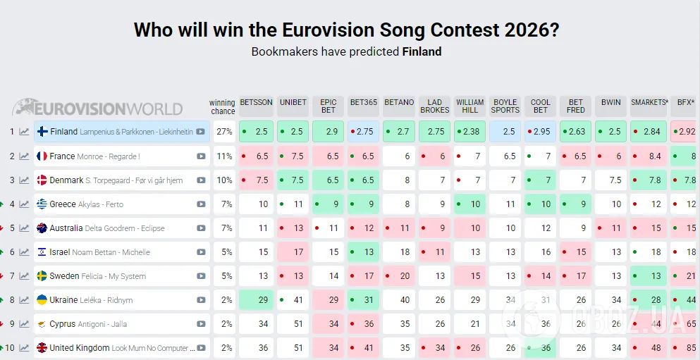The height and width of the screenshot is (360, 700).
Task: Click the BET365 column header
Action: (x=363, y=102)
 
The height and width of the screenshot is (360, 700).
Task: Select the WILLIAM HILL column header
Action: (x=469, y=106)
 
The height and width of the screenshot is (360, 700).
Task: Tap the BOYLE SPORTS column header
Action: (x=505, y=106)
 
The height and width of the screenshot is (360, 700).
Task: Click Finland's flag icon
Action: (x=42, y=132)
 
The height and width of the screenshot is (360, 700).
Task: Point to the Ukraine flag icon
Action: (x=42, y=300)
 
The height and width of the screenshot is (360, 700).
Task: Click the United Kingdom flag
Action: (x=42, y=348)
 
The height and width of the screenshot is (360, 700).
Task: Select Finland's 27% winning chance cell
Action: (x=224, y=132)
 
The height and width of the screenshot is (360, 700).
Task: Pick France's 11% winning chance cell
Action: (x=224, y=156)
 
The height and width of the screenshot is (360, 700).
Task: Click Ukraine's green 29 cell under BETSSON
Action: (x=256, y=300)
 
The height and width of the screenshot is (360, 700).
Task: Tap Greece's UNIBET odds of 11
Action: (x=293, y=204)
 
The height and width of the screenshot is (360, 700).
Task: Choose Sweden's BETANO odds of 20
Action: (x=398, y=276)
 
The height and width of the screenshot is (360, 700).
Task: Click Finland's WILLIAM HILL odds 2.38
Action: (x=469, y=132)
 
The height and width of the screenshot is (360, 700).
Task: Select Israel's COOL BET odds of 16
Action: (x=540, y=252)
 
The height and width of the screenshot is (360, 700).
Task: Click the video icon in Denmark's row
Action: (x=201, y=180)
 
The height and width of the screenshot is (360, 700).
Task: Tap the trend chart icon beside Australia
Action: (x=25, y=228)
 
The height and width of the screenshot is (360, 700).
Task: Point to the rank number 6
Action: (x=12, y=252)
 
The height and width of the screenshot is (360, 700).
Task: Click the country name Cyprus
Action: (x=63, y=324)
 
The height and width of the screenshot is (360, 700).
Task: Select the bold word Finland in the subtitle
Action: (x=422, y=51)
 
